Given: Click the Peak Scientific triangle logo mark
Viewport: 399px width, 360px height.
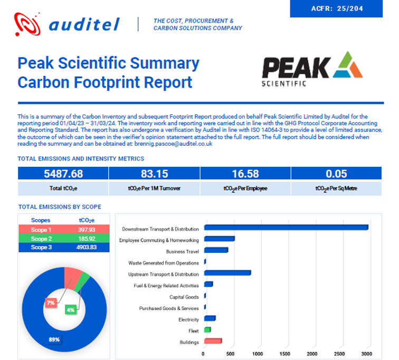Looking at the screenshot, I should (347, 65).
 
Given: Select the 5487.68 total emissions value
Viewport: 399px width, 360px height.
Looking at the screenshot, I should (63, 174).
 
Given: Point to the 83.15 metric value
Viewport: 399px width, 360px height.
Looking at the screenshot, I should (154, 174).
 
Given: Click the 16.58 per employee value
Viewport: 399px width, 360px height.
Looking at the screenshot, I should (245, 174).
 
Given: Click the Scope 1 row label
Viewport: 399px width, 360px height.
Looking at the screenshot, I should (41, 230).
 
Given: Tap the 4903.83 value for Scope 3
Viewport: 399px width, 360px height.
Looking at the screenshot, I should (86, 247).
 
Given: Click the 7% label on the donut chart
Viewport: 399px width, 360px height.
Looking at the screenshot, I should (51, 304).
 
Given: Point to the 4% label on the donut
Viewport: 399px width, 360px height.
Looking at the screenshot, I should (70, 310).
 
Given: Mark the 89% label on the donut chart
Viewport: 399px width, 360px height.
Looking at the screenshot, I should (54, 339).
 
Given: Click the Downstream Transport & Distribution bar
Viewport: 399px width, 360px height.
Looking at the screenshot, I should (286, 228).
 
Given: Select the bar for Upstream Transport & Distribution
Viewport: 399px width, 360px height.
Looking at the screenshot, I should (227, 273).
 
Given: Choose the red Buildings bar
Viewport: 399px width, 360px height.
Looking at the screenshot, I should (212, 341).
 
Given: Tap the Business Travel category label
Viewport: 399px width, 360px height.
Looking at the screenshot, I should (182, 251).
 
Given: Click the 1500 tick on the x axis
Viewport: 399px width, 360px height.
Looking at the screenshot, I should (285, 354).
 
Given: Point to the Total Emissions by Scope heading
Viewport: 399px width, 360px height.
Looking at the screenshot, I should (60, 207).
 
